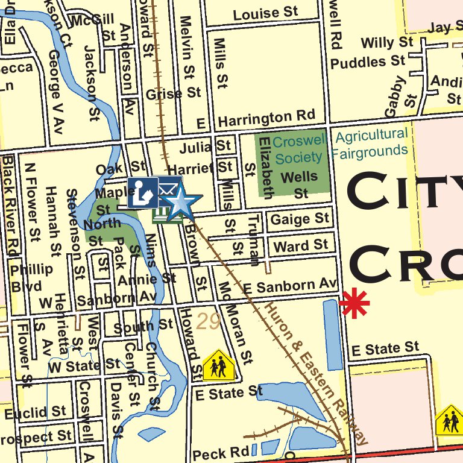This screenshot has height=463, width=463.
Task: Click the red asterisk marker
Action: coord(354,303)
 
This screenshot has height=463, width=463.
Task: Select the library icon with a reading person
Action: coord(143,192)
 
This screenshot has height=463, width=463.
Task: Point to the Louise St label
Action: coord(266,13)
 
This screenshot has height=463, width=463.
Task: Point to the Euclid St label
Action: coord(35,413)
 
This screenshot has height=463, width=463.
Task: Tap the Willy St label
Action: coord(387,43)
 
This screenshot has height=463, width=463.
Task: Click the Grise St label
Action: coord(173,93)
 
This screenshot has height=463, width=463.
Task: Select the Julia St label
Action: coord(206,146)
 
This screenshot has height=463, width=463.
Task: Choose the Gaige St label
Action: coord(300,218)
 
